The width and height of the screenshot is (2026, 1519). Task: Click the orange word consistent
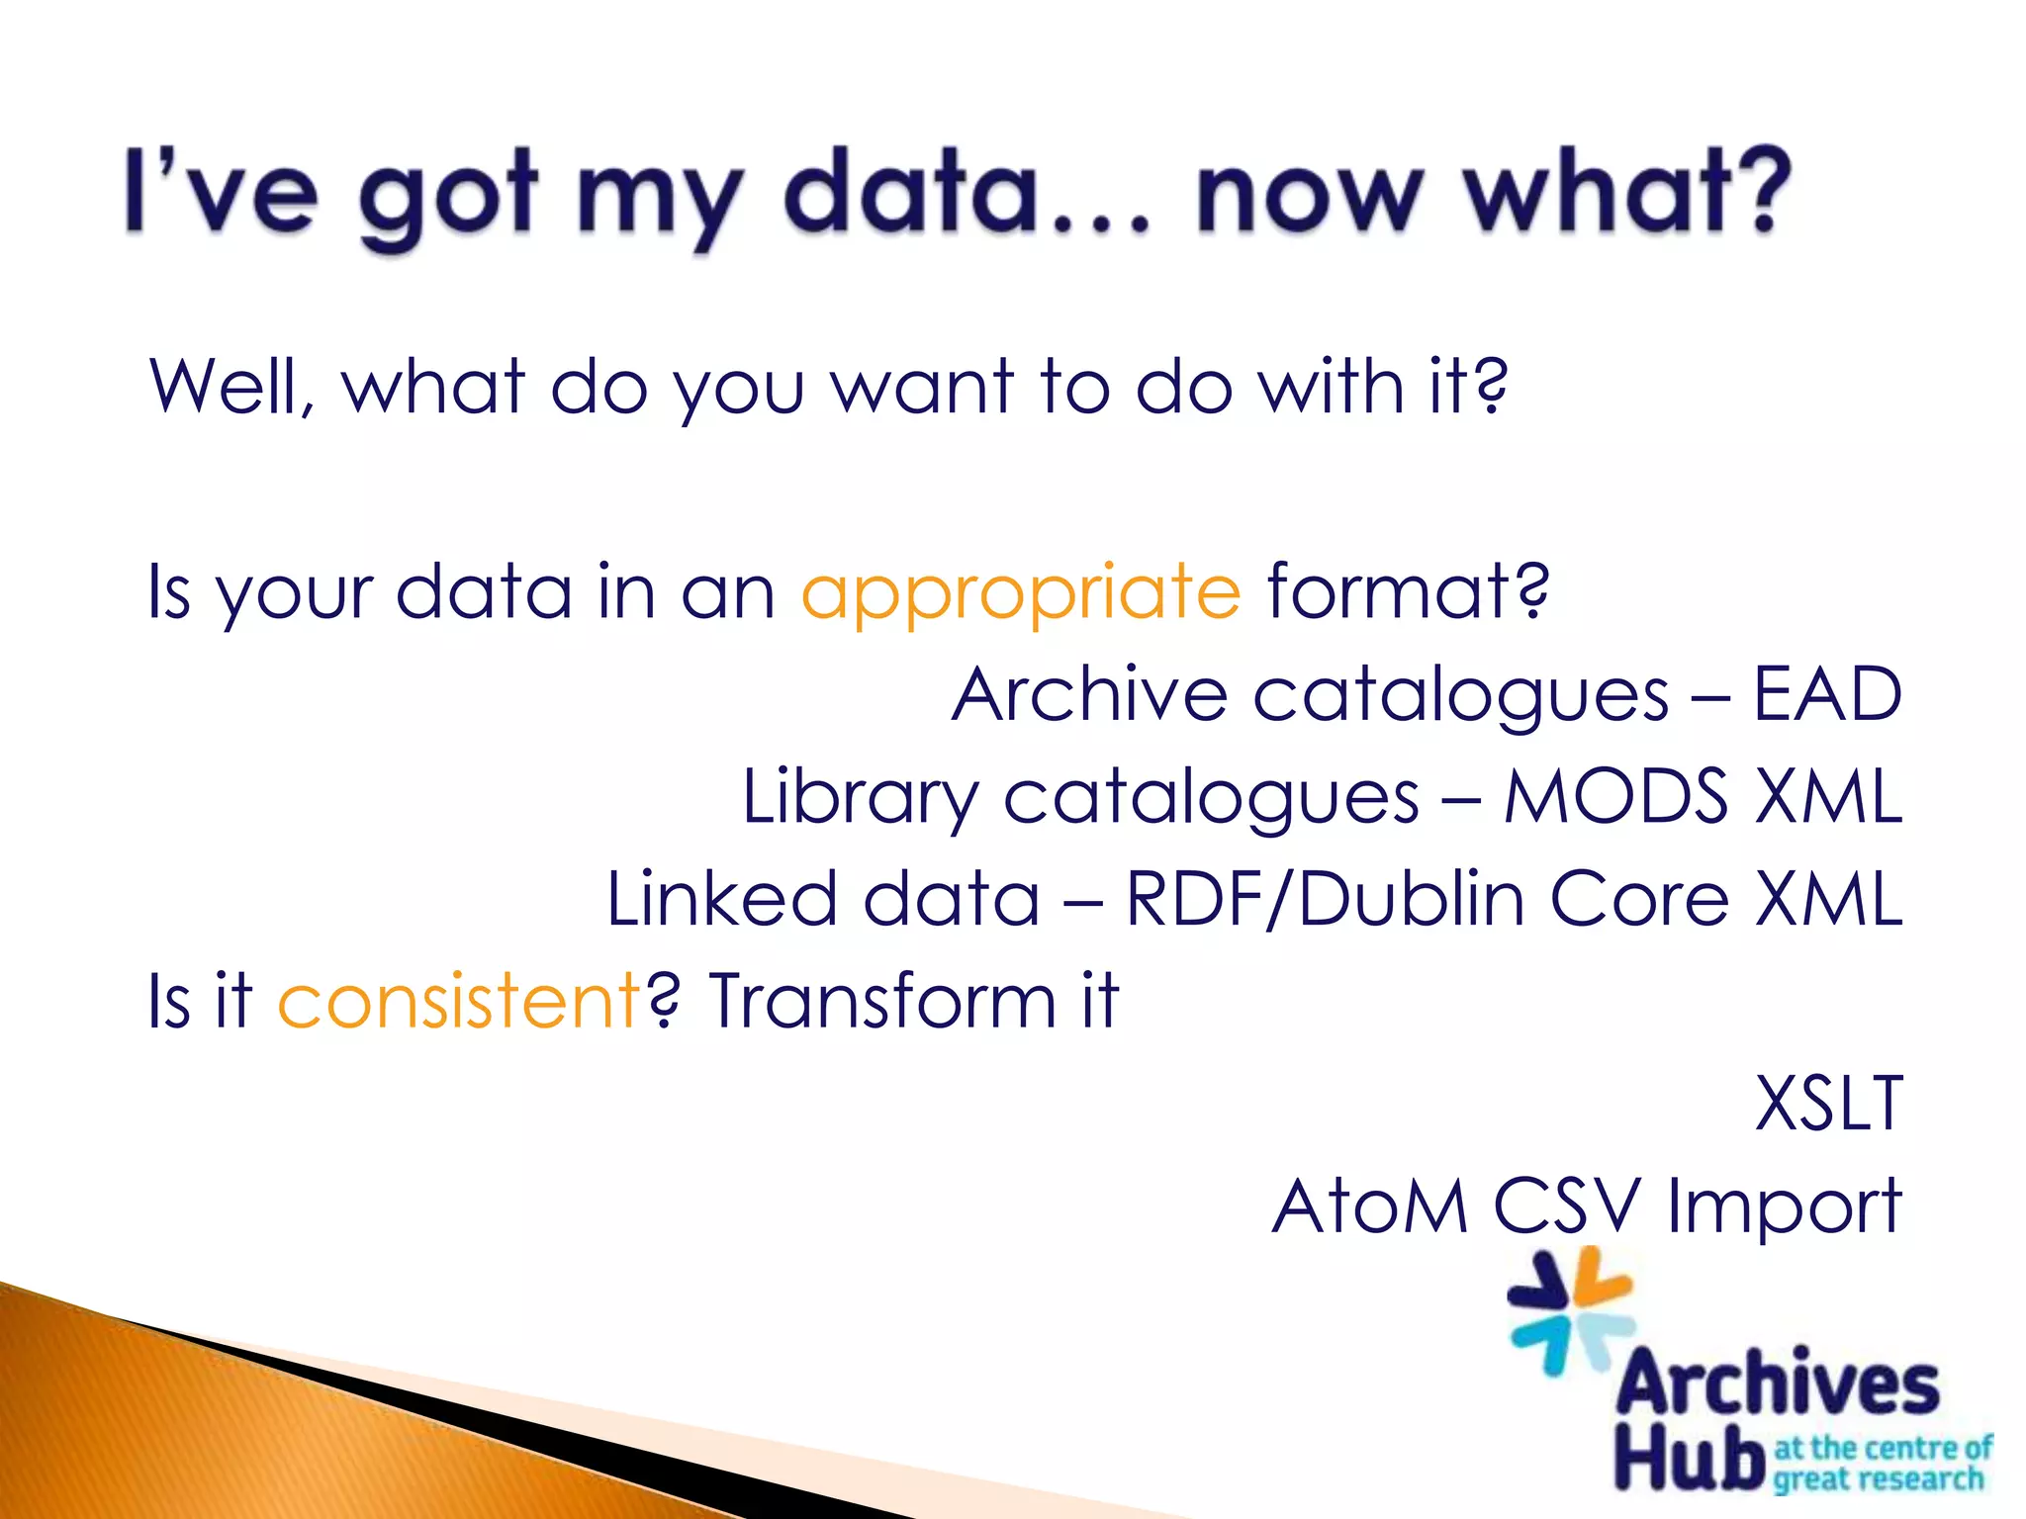[459, 1001]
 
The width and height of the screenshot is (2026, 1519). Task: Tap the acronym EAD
[1827, 694]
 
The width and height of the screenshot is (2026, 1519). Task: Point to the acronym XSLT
[1828, 1103]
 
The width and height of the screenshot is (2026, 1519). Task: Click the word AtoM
[1369, 1206]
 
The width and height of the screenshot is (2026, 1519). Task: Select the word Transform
[882, 1001]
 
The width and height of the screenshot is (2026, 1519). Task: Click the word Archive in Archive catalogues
[1089, 694]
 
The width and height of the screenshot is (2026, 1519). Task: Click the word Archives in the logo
[1777, 1383]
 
